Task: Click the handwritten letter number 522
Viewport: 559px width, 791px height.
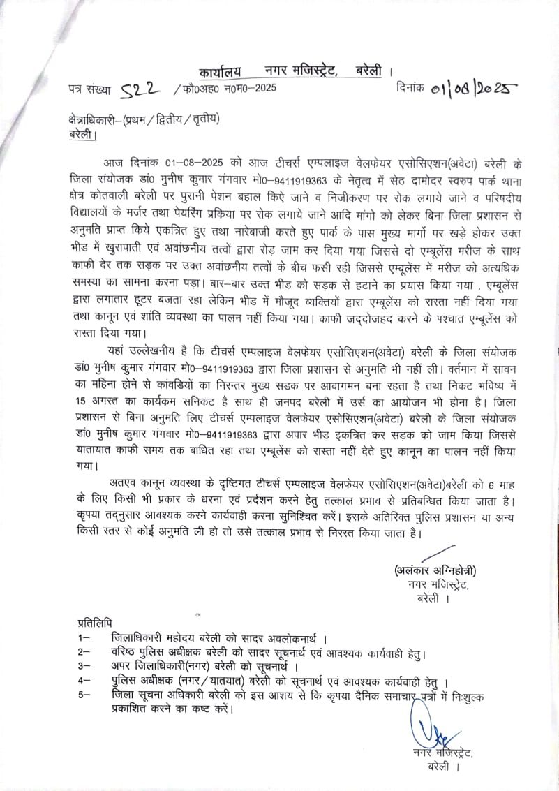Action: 142,88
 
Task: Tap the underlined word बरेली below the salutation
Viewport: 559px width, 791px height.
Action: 82,134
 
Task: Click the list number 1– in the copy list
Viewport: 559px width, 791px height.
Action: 84,638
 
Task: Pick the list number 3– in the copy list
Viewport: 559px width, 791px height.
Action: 84,666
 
